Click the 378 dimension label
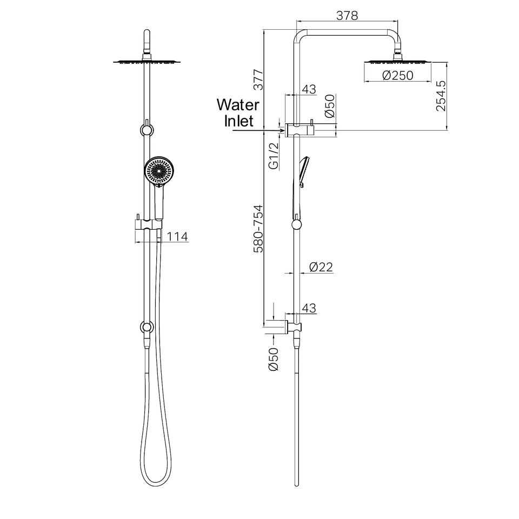[347, 16]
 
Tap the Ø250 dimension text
[397, 76]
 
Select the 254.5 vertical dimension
[441, 96]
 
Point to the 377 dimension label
[258, 80]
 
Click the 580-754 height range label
[258, 229]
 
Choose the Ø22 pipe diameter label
[321, 267]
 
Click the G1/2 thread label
[274, 156]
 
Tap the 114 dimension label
[177, 237]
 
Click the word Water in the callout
[238, 104]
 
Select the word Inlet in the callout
[238, 121]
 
